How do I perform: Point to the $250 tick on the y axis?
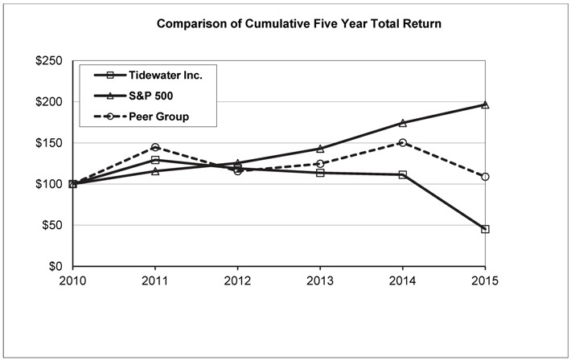click(x=51, y=61)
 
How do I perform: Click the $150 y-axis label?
click(x=51, y=143)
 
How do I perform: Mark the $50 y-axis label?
click(x=54, y=225)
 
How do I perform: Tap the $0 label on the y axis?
click(x=57, y=266)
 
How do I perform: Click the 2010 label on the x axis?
click(x=73, y=281)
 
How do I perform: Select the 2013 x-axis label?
click(x=320, y=281)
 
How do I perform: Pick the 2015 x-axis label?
click(x=485, y=281)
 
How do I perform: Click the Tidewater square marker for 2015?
click(x=485, y=229)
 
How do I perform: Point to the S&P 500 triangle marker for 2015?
click(x=485, y=104)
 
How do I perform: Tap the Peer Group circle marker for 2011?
click(x=155, y=147)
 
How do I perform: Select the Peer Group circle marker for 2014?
click(x=402, y=142)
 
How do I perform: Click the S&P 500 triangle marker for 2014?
click(x=402, y=123)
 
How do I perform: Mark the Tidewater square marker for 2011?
click(x=155, y=160)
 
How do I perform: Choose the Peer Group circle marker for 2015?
click(x=485, y=177)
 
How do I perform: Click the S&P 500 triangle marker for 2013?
click(x=320, y=149)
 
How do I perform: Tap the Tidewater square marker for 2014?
click(x=402, y=174)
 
